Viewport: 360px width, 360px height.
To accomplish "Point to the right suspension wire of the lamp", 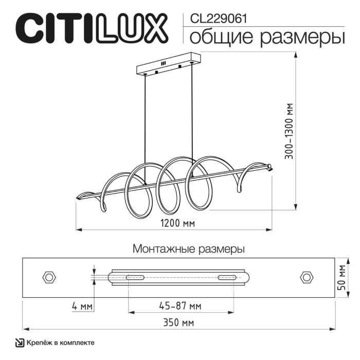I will tap(193, 118).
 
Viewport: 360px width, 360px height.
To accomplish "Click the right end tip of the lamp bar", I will tap(269, 166).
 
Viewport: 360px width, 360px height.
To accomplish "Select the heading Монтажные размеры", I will tap(188, 249).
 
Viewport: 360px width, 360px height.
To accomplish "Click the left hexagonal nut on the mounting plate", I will tap(49, 277).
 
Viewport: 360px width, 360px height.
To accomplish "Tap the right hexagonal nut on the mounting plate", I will tap(307, 277).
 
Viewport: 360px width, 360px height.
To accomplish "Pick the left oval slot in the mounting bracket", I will tap(135, 278).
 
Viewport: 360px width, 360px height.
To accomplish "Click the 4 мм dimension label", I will tap(82, 307).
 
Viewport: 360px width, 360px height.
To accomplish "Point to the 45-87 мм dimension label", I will tap(179, 307).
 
